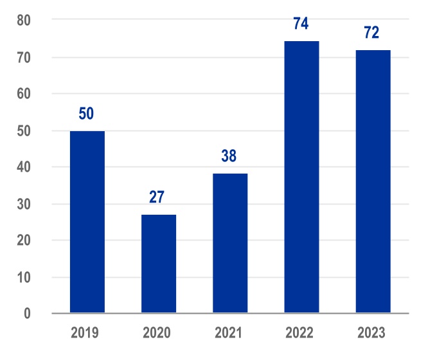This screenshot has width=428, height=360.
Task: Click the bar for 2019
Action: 87,222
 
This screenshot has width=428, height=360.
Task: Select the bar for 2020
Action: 158,264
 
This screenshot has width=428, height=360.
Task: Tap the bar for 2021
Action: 229,243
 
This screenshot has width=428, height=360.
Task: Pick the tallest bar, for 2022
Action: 301,177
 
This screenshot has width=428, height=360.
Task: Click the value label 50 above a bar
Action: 87,114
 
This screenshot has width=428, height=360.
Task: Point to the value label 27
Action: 158,197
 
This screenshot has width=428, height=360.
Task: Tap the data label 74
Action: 301,24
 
